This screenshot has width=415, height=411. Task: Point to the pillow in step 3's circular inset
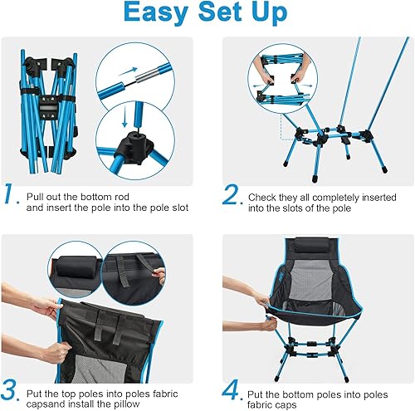pyautogui.click(x=76, y=269)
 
